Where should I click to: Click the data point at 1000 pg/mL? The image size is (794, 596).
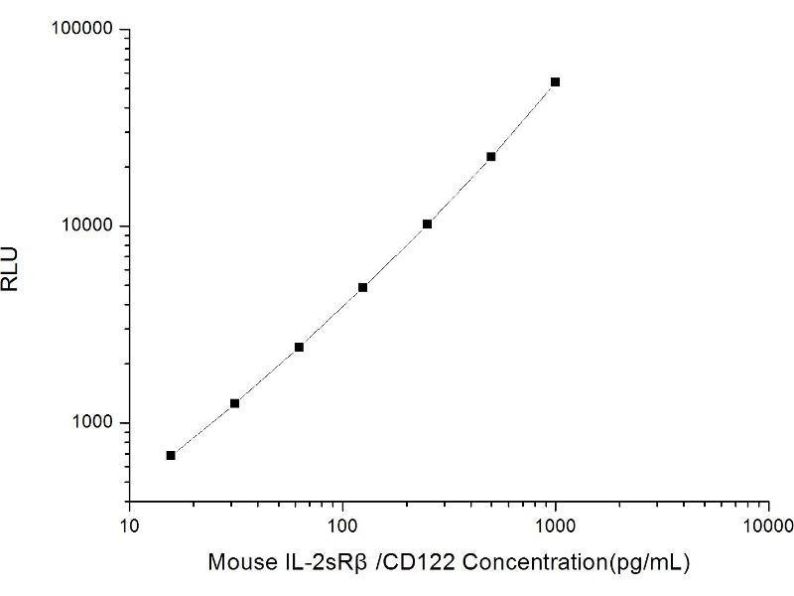click(555, 81)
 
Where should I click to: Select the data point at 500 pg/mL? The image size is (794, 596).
click(490, 157)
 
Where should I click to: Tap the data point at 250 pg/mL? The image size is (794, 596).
click(427, 224)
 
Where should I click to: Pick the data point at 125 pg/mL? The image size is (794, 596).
click(362, 287)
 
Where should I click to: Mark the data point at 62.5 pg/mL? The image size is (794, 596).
click(299, 347)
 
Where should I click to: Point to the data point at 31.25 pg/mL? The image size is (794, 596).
click(234, 403)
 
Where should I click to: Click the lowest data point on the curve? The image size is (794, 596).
click(171, 455)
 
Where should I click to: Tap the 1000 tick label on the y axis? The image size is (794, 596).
click(92, 423)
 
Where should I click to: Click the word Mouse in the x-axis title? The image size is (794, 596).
click(236, 562)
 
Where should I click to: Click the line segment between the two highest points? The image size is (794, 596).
click(523, 119)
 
